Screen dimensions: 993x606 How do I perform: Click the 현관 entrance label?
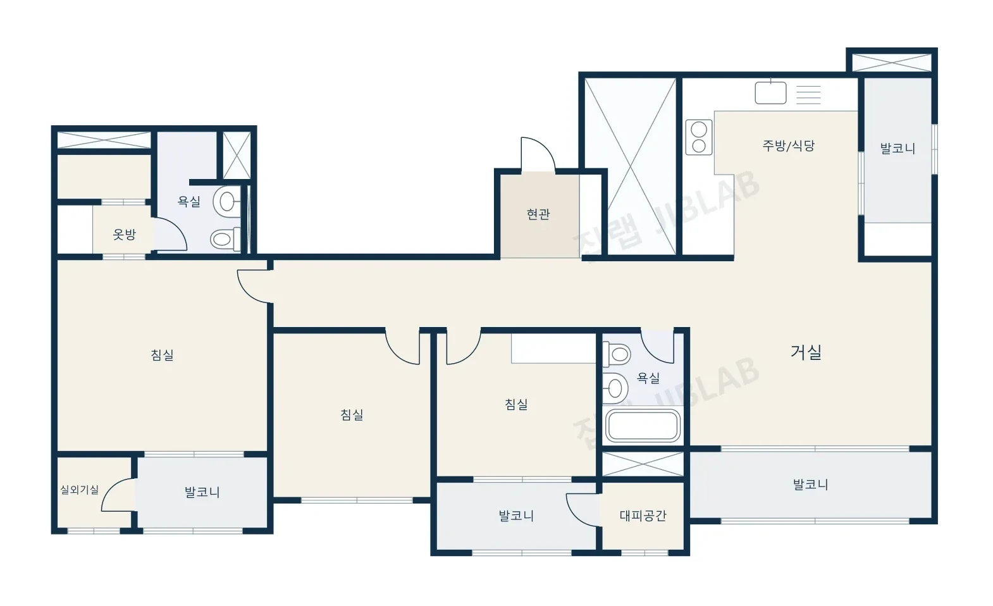[x=538, y=214]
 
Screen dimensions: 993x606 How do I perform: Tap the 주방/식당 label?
[x=788, y=146]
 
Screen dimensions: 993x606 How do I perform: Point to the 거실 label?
[x=806, y=352]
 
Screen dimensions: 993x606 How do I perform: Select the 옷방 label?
[x=124, y=235]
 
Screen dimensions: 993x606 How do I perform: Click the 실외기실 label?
[x=79, y=490]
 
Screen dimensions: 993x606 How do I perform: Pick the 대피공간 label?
[x=643, y=516]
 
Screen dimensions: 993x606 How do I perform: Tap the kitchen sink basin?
[x=770, y=92]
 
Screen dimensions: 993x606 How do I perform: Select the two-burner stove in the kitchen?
[x=699, y=137]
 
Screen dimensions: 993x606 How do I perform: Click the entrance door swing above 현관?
[x=538, y=154]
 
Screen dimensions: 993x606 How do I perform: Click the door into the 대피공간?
[x=583, y=510]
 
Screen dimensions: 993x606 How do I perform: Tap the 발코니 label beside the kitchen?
[x=897, y=149]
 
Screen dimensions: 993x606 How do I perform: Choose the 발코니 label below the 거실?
[x=810, y=485]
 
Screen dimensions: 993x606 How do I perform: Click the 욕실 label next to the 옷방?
[x=189, y=202]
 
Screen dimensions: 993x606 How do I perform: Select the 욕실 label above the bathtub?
[x=648, y=378]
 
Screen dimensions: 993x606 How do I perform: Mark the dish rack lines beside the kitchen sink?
[x=808, y=94]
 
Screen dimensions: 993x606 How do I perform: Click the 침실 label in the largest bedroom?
[x=163, y=355]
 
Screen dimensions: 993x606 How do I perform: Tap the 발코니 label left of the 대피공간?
[x=517, y=516]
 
